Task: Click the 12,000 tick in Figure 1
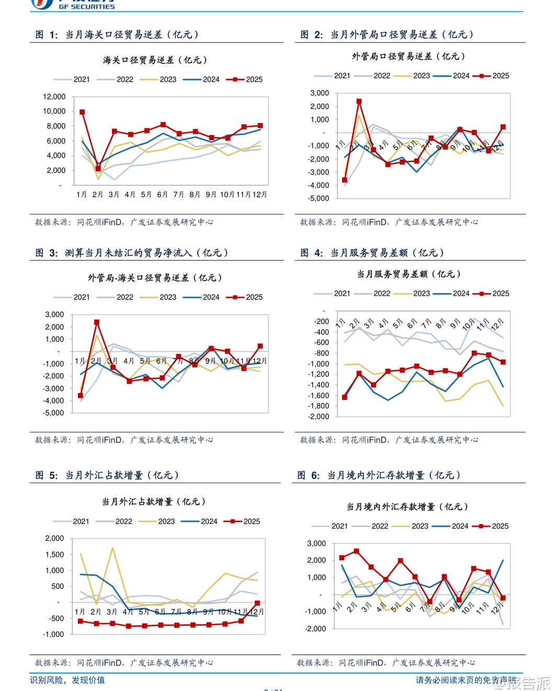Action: click(x=54, y=97)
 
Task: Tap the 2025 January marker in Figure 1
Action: click(x=82, y=112)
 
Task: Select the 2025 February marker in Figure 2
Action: click(x=359, y=102)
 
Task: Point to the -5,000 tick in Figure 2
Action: click(x=319, y=198)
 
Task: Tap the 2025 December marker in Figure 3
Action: click(x=260, y=346)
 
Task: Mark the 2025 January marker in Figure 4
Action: click(x=345, y=397)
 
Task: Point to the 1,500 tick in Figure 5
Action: click(x=54, y=554)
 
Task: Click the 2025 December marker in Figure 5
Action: click(x=257, y=604)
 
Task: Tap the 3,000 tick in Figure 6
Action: click(x=316, y=543)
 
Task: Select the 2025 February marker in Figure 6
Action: click(x=357, y=551)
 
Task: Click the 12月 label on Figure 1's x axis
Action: click(x=260, y=195)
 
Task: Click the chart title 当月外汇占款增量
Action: click(x=154, y=501)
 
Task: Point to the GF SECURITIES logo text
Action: click(x=87, y=7)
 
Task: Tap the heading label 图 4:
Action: click(x=312, y=253)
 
